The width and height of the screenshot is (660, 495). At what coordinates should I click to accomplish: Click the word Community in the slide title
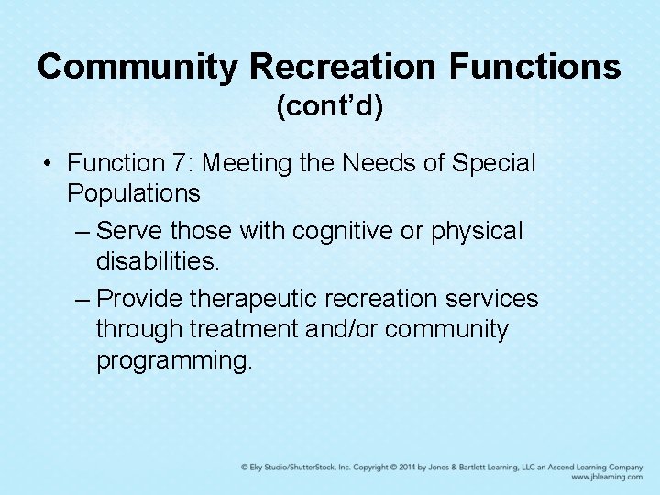137,66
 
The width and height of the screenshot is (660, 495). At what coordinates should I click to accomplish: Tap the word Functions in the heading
535,66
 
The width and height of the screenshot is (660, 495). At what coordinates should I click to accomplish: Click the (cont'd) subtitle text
330,107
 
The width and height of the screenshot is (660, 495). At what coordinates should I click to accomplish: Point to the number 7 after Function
181,163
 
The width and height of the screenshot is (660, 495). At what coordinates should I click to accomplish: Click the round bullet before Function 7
46,164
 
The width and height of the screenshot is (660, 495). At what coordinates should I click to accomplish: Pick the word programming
173,360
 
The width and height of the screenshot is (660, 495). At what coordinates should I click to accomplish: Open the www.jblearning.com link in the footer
606,477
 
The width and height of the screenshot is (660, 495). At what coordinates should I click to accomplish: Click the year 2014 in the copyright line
410,467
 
